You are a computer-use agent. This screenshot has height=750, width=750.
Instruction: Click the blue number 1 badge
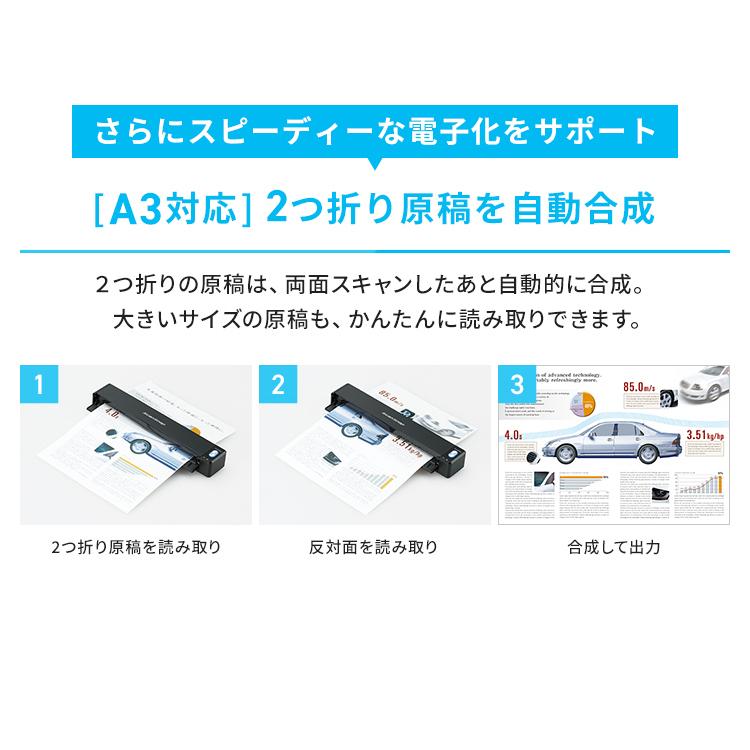click(x=38, y=384)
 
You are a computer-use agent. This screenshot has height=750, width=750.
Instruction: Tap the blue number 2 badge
click(x=277, y=384)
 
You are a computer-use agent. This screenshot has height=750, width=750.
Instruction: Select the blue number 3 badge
click(x=516, y=384)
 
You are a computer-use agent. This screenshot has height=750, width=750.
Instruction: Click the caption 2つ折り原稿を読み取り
click(x=135, y=547)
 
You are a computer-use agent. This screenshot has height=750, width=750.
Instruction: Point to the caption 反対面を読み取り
click(x=373, y=547)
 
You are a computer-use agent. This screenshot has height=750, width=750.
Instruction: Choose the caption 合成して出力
click(x=613, y=547)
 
